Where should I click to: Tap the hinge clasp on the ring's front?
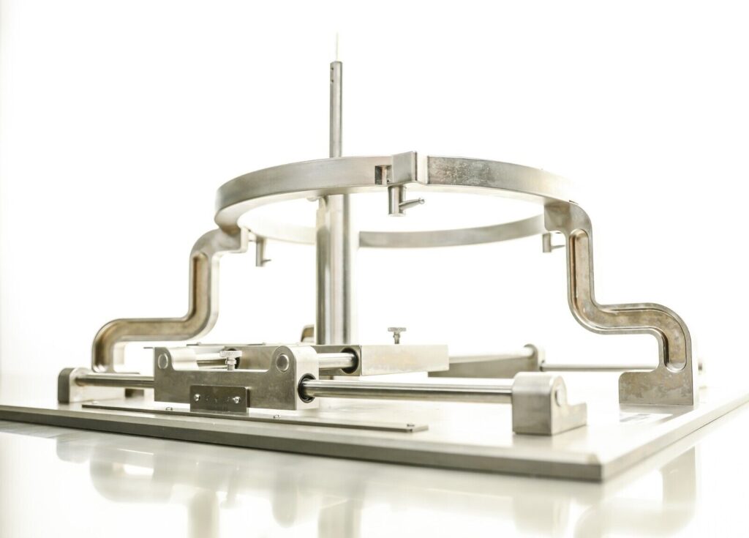click(x=396, y=168)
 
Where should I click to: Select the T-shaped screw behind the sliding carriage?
click(x=396, y=334)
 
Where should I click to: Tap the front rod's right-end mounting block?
click(x=549, y=402)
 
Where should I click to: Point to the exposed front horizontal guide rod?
click(x=410, y=391)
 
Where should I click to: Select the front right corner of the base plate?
click(x=607, y=476)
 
